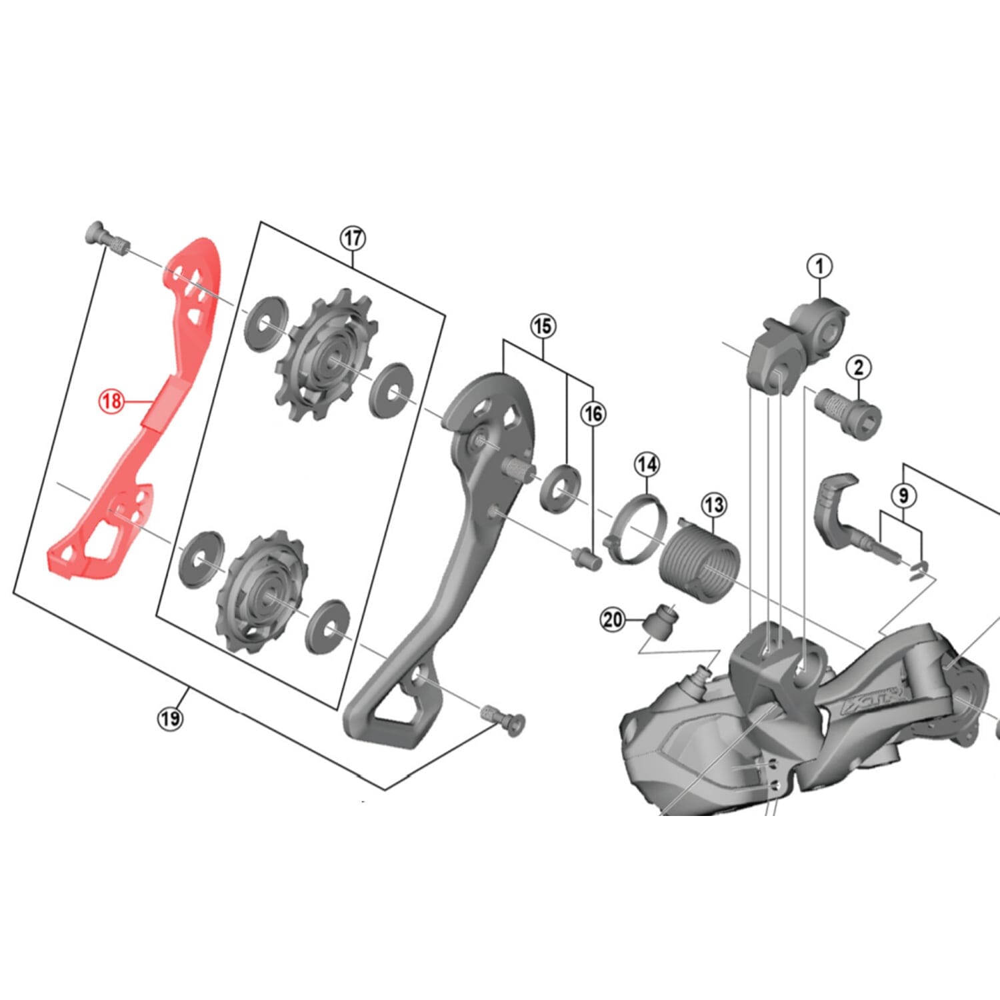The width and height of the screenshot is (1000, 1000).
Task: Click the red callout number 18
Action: [111, 401]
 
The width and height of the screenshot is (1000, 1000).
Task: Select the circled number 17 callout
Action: [353, 238]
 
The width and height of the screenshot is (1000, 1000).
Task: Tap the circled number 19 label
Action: [170, 719]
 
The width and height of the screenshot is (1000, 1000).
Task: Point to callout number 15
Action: [543, 326]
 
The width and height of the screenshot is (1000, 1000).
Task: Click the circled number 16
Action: [593, 414]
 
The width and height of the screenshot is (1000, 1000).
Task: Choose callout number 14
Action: [646, 465]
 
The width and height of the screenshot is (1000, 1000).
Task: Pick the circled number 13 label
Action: [713, 505]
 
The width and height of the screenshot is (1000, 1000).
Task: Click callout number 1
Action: [819, 267]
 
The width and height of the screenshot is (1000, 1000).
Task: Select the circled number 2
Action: [859, 367]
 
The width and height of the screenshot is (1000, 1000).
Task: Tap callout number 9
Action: [903, 495]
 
